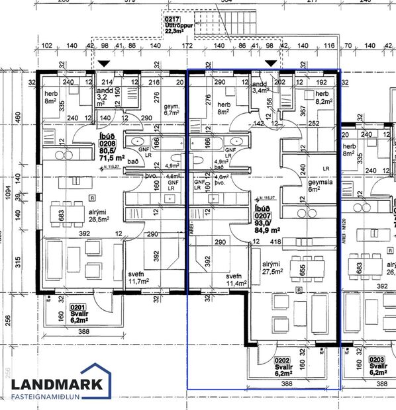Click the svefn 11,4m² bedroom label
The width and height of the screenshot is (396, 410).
[x=232, y=280]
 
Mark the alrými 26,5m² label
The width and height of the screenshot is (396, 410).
[x=80, y=219]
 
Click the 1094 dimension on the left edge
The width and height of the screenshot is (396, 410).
[x=7, y=198]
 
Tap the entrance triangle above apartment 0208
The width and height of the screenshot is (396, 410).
[x=103, y=62]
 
